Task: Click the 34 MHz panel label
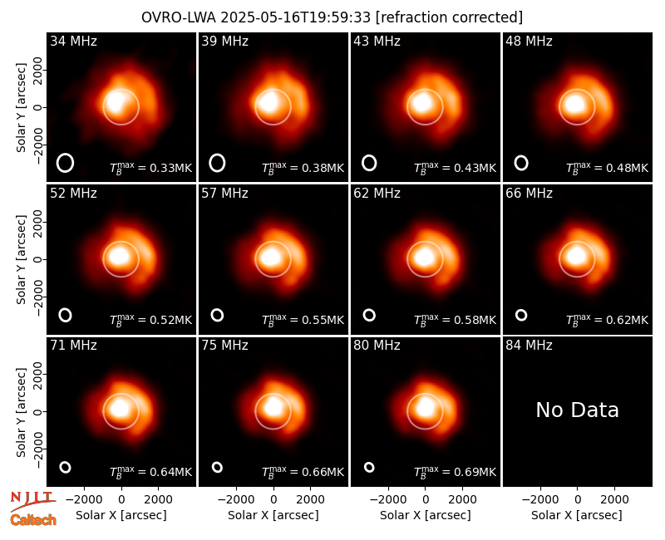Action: tap(73, 41)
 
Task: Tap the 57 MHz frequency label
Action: tap(224, 194)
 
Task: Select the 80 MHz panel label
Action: tap(377, 346)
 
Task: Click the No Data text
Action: tap(577, 410)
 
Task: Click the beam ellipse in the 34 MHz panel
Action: tap(66, 163)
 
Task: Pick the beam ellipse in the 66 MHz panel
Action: tap(521, 315)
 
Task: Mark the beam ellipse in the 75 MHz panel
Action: tap(217, 467)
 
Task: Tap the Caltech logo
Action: tap(33, 520)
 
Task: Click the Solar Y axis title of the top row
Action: tap(21, 108)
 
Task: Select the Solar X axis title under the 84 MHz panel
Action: tap(577, 515)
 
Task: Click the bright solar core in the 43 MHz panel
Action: tap(422, 103)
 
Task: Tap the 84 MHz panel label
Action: tap(529, 346)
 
